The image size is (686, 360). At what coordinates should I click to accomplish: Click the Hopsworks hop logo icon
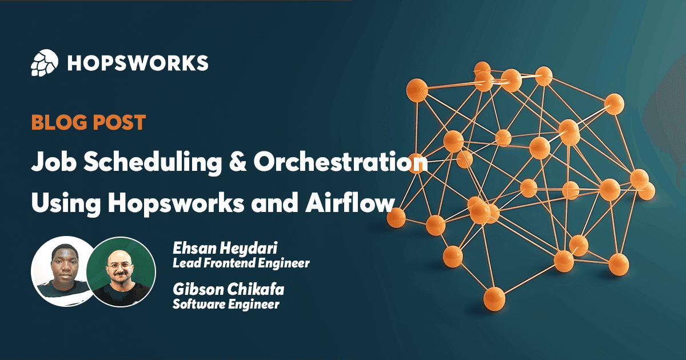pos(45,63)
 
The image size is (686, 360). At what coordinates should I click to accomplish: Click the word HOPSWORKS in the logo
pos(138,63)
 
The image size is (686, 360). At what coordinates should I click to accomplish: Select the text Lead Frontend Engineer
pos(241,263)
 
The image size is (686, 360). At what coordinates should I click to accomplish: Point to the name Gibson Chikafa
pos(228,290)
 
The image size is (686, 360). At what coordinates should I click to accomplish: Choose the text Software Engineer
pos(226,304)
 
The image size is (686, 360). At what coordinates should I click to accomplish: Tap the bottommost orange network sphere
pos(494,298)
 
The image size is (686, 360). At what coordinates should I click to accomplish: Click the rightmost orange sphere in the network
pos(647,190)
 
